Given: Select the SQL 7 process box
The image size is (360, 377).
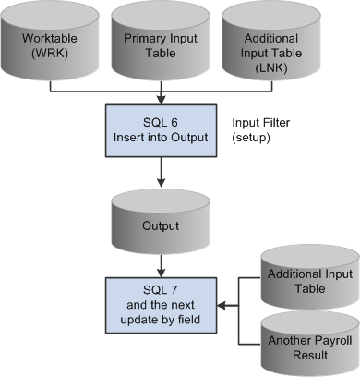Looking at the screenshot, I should click(162, 300).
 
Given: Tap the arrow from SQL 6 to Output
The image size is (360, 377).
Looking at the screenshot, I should click(162, 176).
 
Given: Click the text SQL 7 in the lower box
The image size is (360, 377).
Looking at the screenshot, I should click(162, 286).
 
